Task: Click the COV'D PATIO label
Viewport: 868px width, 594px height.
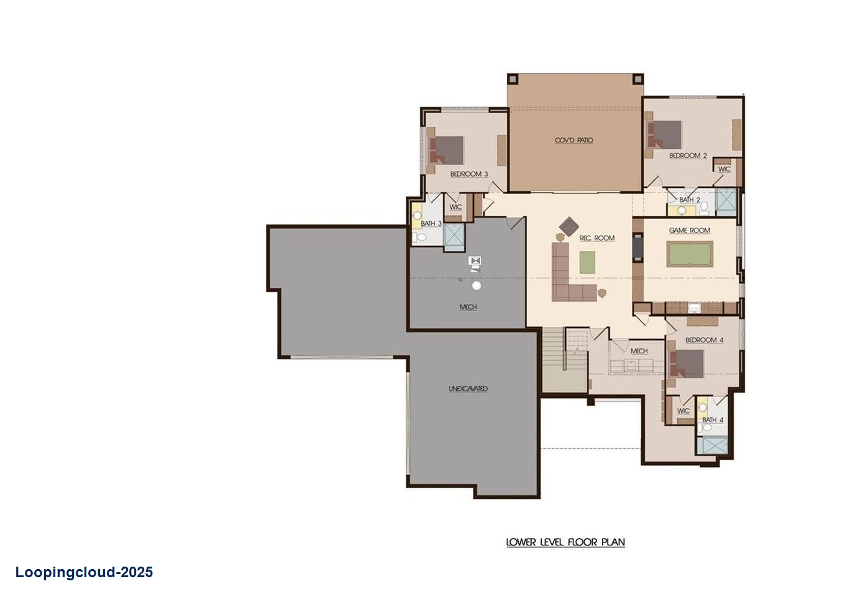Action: click(573, 141)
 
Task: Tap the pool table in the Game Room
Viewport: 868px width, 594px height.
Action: click(689, 254)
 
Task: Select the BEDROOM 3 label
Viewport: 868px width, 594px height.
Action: click(468, 174)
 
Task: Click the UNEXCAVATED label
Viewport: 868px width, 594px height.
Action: click(468, 389)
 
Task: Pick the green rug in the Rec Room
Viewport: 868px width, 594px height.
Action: click(587, 262)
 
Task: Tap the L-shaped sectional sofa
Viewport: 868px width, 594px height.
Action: click(569, 280)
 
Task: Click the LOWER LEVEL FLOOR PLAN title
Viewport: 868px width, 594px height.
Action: click(565, 542)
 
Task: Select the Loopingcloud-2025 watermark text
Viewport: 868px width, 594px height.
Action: click(84, 572)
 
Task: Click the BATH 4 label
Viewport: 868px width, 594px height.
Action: click(712, 420)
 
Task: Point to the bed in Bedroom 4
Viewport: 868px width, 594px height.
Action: click(686, 364)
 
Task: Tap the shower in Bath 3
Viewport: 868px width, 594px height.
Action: click(454, 237)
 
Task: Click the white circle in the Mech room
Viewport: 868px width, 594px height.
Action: click(477, 285)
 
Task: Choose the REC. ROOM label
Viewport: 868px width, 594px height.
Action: click(596, 238)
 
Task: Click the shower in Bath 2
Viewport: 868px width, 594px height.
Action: click(725, 202)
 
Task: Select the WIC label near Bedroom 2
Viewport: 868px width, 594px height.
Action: click(724, 169)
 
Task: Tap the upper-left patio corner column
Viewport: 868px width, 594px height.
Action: click(513, 79)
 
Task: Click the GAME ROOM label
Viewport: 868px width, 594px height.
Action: click(689, 231)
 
